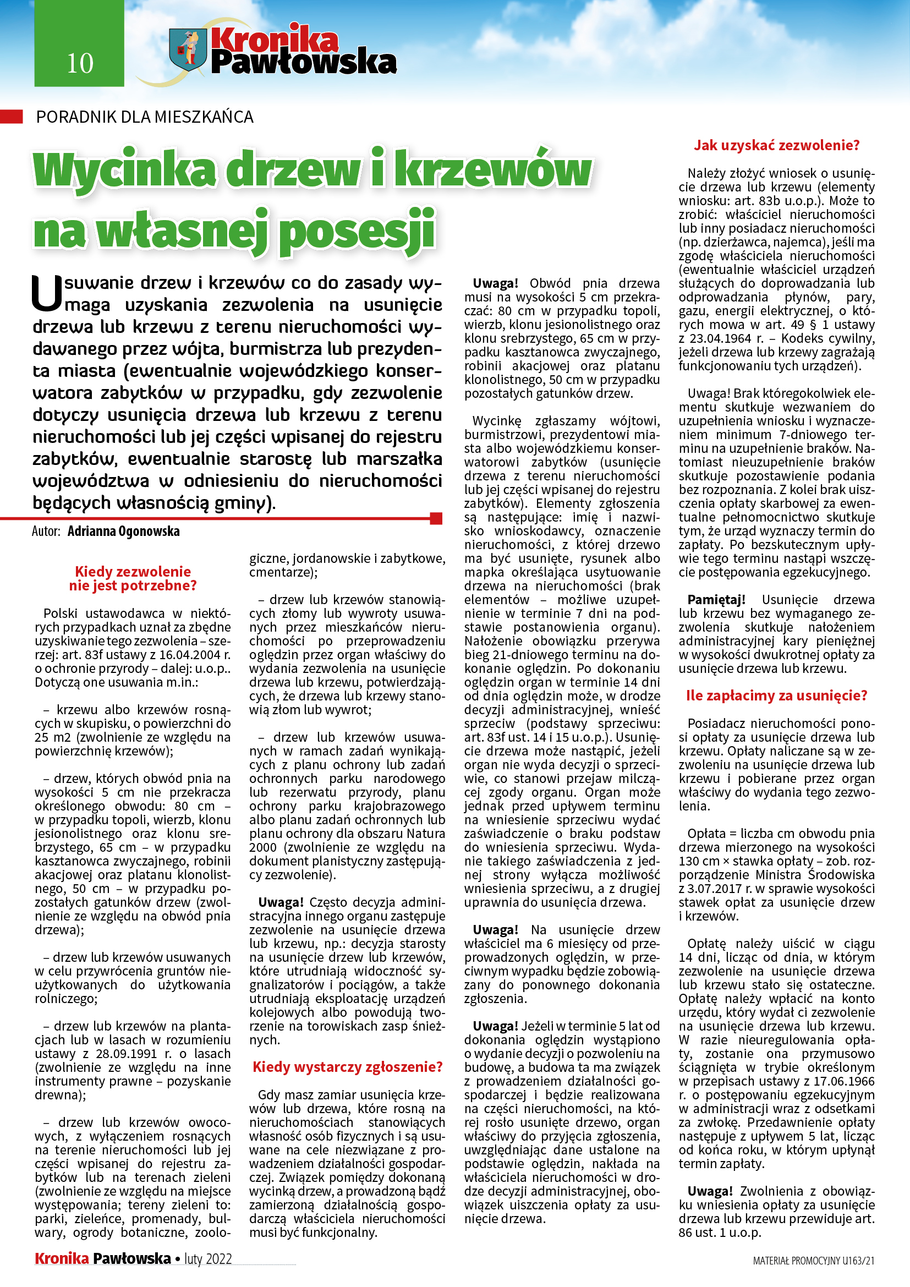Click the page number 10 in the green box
tap(80, 63)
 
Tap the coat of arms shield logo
tap(188, 50)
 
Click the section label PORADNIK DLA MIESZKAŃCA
tap(145, 117)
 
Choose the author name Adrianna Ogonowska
tap(123, 531)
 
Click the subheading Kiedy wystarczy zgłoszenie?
tap(347, 1066)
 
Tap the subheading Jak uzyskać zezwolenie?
tap(776, 145)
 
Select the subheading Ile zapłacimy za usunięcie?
tap(776, 695)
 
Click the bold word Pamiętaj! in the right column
tap(716, 600)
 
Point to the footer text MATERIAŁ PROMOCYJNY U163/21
tap(813, 1261)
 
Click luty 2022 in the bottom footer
tap(208, 1258)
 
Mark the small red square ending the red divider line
tap(436, 518)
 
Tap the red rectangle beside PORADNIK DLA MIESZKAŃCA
tap(11, 117)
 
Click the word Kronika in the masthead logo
tap(275, 40)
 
